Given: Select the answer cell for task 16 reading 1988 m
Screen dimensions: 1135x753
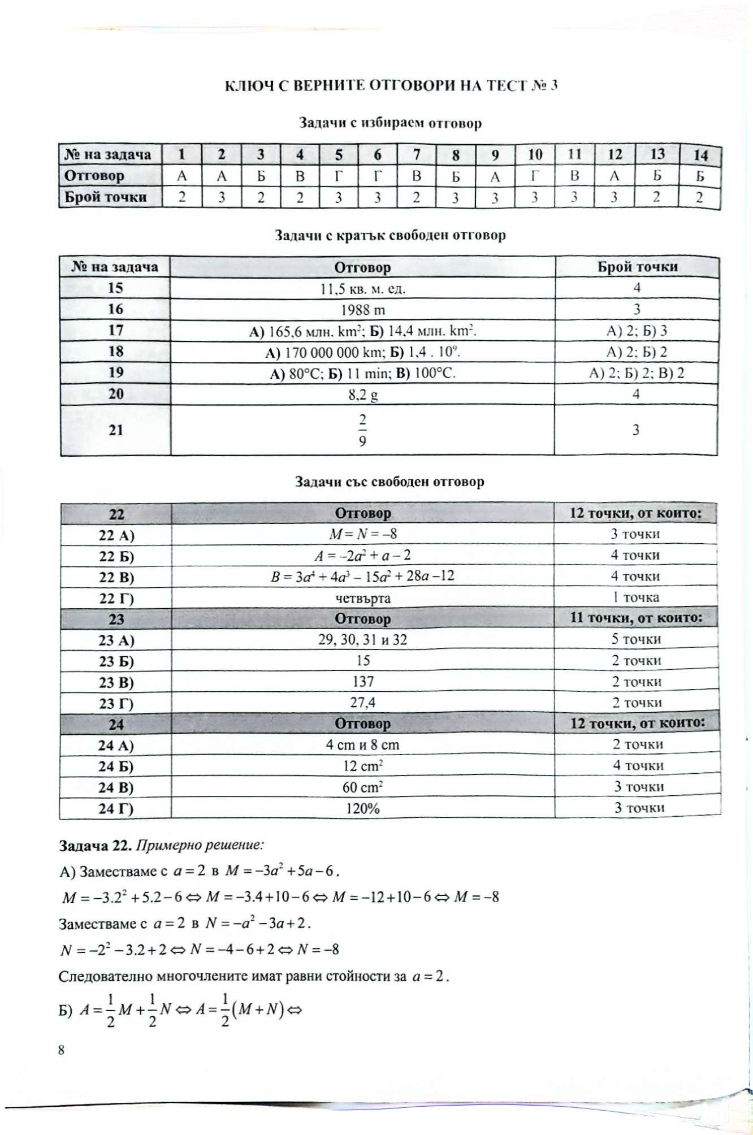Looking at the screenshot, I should (x=363, y=310).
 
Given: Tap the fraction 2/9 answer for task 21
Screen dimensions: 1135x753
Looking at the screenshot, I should (x=362, y=430).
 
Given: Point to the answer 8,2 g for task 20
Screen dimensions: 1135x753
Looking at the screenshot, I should (x=363, y=395).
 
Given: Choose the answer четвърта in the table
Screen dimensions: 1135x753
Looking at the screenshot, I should (x=363, y=598).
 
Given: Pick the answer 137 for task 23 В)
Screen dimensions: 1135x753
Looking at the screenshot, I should (x=363, y=682).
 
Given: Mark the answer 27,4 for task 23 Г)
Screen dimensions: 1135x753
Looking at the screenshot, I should (x=363, y=703).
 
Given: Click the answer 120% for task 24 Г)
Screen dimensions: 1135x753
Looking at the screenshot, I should (x=363, y=808).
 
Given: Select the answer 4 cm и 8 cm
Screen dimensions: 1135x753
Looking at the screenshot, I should (x=363, y=745).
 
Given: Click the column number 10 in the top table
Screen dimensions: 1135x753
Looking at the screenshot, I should (x=535, y=154).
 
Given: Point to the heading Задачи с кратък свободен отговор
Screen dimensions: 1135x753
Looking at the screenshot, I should (x=390, y=235).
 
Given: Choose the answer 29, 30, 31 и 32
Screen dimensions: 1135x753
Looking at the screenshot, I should (x=363, y=640).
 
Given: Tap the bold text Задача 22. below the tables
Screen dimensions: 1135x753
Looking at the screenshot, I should (x=92, y=846).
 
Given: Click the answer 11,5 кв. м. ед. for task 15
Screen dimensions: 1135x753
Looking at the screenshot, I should (x=363, y=289).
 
